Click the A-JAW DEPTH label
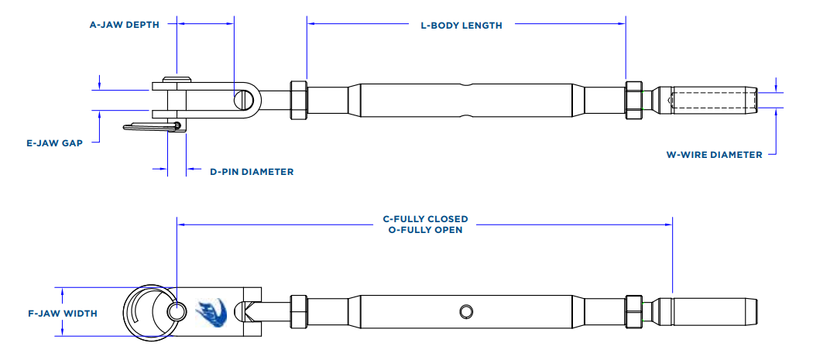click(124, 25)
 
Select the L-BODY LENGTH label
click(461, 26)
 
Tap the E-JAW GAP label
click(53, 142)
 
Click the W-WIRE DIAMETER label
click(714, 154)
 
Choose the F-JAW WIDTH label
click(62, 314)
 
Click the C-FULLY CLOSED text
click(425, 219)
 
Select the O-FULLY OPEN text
click(425, 230)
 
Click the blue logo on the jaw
click(210, 312)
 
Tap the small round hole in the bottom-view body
click(465, 311)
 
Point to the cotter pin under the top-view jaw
click(154, 126)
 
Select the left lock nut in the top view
click(298, 100)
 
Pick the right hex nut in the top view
click(634, 100)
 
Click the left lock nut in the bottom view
click(298, 312)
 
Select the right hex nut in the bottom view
click(634, 312)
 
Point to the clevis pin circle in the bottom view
click(177, 311)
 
